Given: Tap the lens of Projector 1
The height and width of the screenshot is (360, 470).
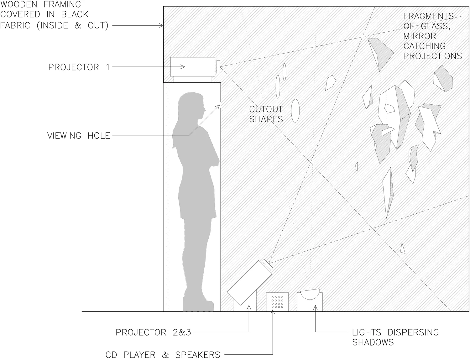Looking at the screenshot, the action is coord(218,66).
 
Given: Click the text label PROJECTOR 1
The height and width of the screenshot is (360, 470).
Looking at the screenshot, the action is coord(79,67).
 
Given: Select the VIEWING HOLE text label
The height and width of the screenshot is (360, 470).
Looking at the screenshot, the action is coord(79,136).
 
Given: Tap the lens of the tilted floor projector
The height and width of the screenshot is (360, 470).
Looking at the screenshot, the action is coord(268,265).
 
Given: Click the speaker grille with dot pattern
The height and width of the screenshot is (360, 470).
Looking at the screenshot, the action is coord(277,302).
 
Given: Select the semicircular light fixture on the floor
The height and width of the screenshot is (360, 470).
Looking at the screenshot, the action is coord(310,295).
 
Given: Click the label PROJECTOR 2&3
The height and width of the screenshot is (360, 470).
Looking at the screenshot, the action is coord(153,332).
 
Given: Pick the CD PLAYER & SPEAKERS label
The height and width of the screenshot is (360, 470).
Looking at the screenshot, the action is coord(163,355).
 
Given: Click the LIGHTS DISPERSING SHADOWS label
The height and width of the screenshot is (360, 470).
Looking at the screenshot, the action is coord(395,337).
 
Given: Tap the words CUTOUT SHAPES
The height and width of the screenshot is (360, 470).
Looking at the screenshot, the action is coord(266,114).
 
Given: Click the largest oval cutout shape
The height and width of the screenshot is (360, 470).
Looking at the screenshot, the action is coord(295,111).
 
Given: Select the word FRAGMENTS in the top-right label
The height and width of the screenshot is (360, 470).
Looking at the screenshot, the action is coord(428,16).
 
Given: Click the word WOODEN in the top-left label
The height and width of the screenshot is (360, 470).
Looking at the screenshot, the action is coord(19,4).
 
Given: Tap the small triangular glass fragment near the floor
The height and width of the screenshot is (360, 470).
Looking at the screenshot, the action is coord(403,248).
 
